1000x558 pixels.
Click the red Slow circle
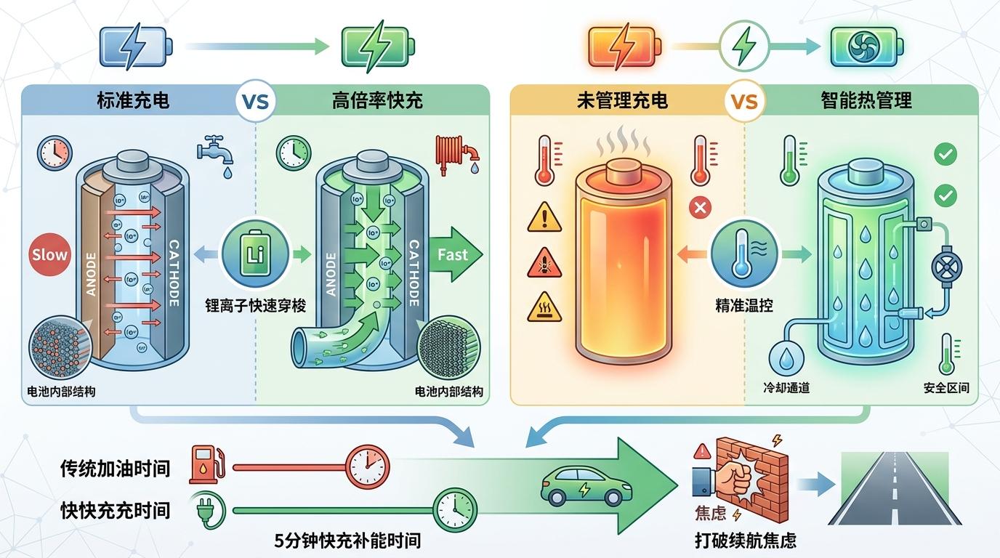coord(49,254)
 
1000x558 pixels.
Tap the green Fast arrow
coord(451,254)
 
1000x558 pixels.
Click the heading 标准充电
coord(133,100)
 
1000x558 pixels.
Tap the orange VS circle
coord(742,101)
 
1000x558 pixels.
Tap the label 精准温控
coord(743,306)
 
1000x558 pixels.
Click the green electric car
coord(582,485)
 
